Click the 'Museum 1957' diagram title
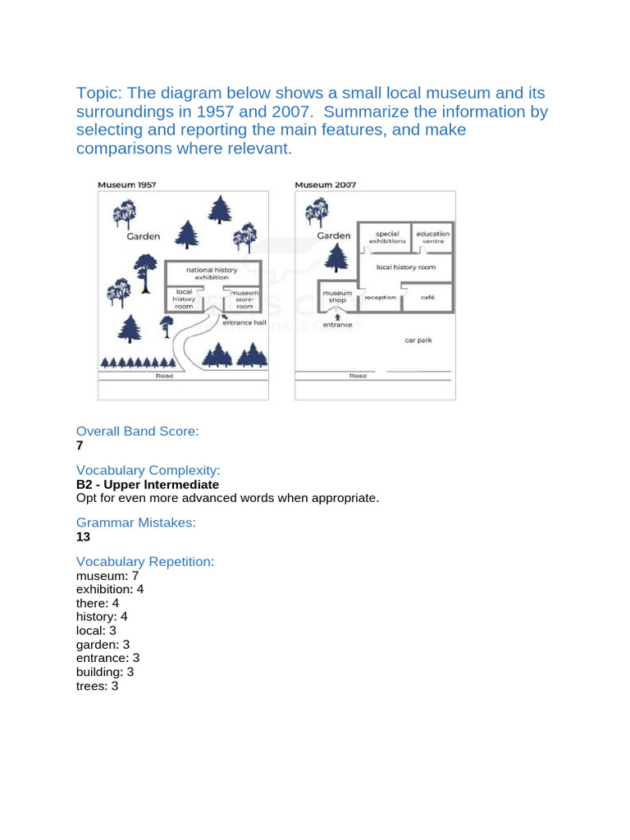pyautogui.click(x=126, y=185)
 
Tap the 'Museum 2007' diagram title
pyautogui.click(x=325, y=185)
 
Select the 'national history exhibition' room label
pyautogui.click(x=212, y=273)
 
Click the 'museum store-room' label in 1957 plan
pyautogui.click(x=245, y=299)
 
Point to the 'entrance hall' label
pyautogui.click(x=244, y=323)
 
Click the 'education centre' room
pyautogui.click(x=432, y=238)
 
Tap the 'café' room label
pyautogui.click(x=427, y=297)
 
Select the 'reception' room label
pyautogui.click(x=381, y=298)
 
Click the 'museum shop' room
pyautogui.click(x=337, y=296)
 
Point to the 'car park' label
pyautogui.click(x=418, y=340)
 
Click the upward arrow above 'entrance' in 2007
pyautogui.click(x=337, y=317)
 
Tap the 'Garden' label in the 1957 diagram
pyautogui.click(x=144, y=236)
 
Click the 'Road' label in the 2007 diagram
pyautogui.click(x=358, y=376)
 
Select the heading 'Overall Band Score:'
pyautogui.click(x=138, y=431)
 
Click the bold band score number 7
pyautogui.click(x=80, y=445)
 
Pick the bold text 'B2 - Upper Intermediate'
pyautogui.click(x=148, y=484)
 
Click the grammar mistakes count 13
pyautogui.click(x=83, y=536)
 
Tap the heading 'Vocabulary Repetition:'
pyautogui.click(x=145, y=561)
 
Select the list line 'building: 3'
pyautogui.click(x=104, y=671)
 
